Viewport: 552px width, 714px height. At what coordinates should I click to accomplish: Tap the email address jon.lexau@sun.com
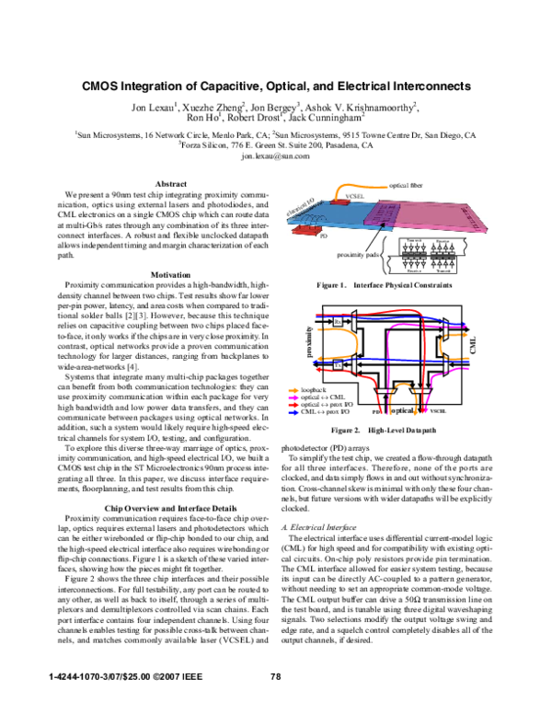275,156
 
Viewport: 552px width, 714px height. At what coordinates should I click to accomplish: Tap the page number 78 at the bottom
275,676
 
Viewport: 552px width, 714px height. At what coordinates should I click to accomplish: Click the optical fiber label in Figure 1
406,187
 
